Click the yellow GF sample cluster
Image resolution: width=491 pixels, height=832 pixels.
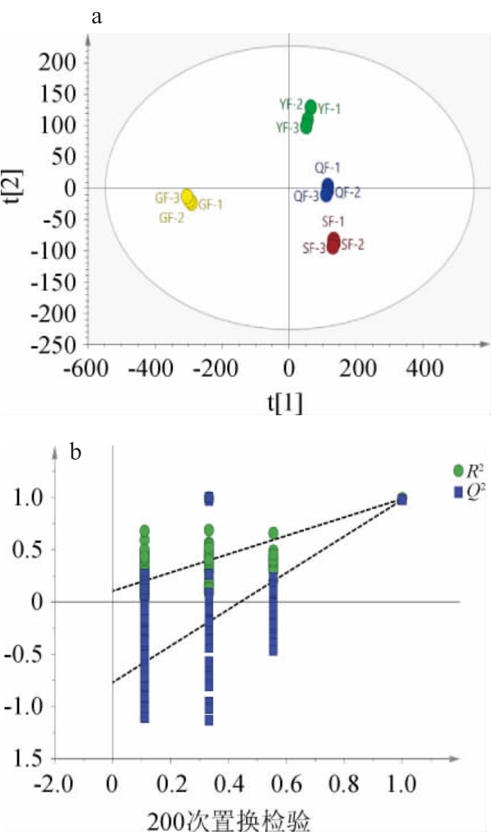coord(189,199)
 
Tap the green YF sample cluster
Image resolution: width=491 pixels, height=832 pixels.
coord(308,116)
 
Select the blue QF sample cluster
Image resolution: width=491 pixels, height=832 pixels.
coord(327,189)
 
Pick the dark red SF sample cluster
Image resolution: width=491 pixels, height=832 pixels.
coord(333,243)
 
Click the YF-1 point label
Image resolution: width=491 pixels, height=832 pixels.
coord(329,109)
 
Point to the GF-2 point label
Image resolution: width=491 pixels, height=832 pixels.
coord(173,218)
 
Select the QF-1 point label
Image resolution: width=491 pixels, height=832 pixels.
coord(327,167)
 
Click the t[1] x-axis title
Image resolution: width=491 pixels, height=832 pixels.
coord(286,404)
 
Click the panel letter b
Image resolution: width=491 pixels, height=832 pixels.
coord(76,452)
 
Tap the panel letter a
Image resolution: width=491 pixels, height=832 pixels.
coord(97,17)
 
